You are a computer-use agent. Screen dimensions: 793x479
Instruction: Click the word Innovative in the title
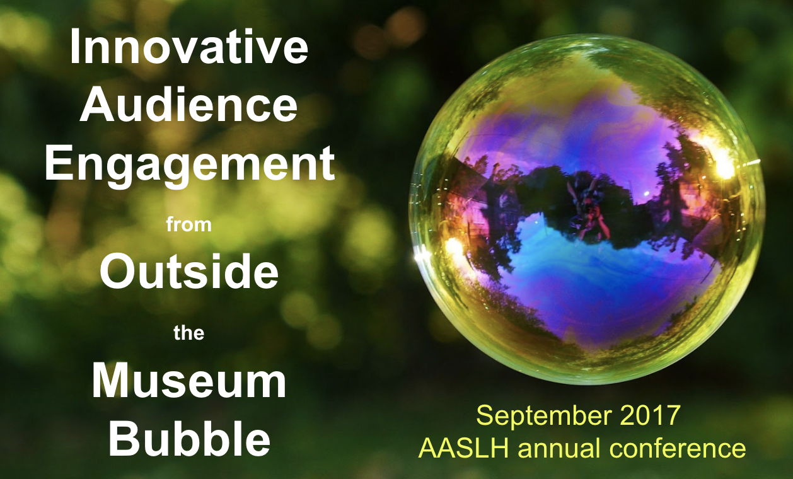(x=189, y=47)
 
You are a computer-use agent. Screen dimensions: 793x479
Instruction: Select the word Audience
(x=188, y=104)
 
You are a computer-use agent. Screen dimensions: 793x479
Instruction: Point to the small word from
(x=189, y=224)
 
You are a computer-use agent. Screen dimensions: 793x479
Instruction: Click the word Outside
(x=189, y=270)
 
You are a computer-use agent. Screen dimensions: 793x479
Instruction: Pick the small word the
(x=188, y=333)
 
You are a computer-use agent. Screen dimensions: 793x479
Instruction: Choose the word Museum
(x=189, y=381)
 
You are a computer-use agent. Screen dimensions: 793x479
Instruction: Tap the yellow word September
(x=544, y=417)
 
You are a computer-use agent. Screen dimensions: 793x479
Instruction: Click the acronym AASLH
(x=463, y=447)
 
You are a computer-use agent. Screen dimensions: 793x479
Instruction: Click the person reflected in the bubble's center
(x=588, y=209)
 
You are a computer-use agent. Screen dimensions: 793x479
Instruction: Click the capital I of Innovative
(x=74, y=47)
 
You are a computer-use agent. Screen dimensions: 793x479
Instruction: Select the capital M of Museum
(x=110, y=381)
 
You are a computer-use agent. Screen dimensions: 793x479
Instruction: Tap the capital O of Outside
(x=118, y=270)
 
